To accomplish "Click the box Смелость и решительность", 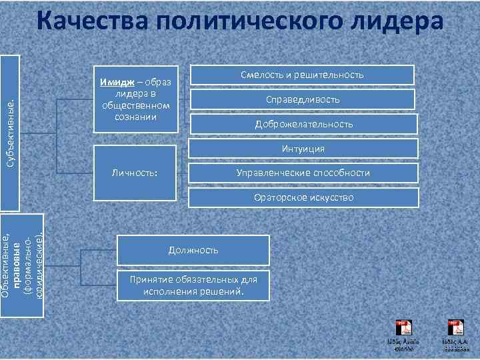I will click(x=303, y=75).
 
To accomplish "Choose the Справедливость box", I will click(x=303, y=99).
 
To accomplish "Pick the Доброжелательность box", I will click(x=303, y=124).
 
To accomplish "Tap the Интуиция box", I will click(x=303, y=149).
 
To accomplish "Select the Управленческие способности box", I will click(x=303, y=173).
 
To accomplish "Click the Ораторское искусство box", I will click(x=303, y=197).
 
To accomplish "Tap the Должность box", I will click(x=193, y=250).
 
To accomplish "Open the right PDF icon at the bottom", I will click(x=456, y=327).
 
